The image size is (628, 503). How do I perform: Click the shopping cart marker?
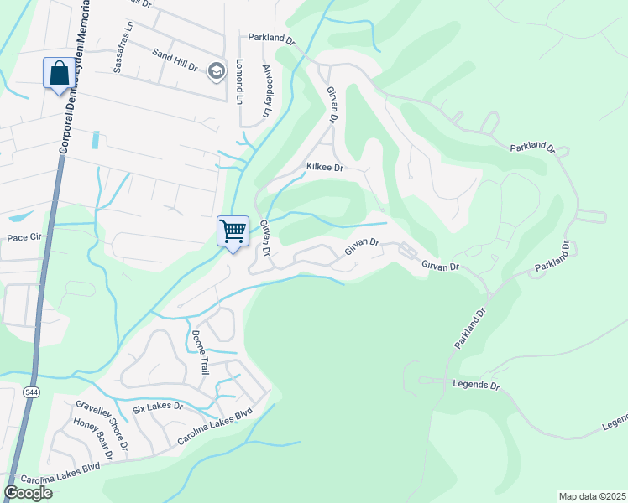click(233, 231)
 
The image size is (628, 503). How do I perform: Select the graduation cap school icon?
click(217, 70)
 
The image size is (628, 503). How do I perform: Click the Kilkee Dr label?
click(325, 168)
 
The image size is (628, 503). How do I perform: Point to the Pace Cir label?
click(24, 238)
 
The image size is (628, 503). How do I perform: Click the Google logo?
click(29, 493)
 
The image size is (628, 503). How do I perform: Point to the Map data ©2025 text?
click(591, 496)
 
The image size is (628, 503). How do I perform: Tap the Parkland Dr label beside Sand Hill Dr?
click(272, 39)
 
